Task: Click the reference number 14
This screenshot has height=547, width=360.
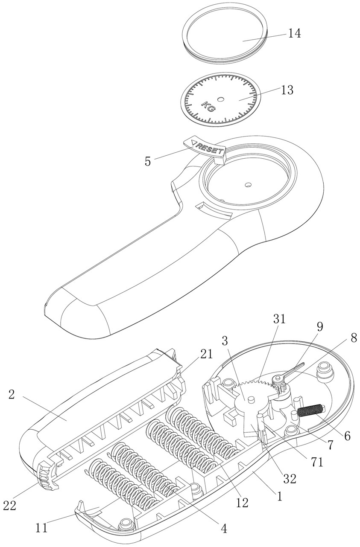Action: tap(294, 33)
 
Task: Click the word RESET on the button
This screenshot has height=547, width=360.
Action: tap(209, 148)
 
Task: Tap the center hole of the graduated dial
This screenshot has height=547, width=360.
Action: tap(220, 99)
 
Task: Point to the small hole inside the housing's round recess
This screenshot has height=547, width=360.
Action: tap(248, 185)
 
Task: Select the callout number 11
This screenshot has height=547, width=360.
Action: tap(41, 528)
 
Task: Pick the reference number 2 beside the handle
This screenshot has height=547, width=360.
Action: tap(12, 395)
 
